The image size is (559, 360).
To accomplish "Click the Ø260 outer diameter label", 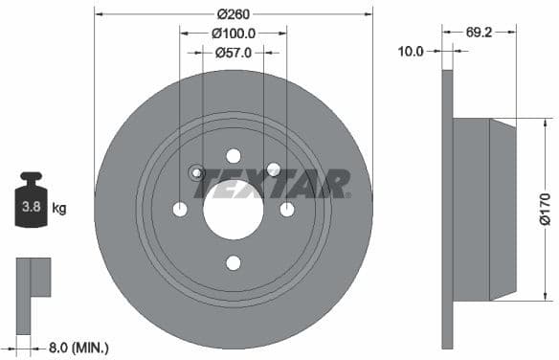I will click(x=234, y=13).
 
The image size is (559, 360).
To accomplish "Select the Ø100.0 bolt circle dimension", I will click(x=234, y=33).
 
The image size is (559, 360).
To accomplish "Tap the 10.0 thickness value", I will click(x=411, y=52).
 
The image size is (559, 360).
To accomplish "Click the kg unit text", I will click(x=58, y=208).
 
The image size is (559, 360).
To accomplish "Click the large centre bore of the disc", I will click(x=234, y=210).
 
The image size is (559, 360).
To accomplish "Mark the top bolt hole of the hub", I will click(x=234, y=156).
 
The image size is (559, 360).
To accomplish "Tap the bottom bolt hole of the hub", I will click(x=234, y=263).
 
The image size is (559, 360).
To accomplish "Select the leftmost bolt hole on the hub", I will click(x=180, y=210).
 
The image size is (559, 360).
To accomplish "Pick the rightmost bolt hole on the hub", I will click(x=287, y=210).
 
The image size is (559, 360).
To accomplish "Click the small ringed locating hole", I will click(x=196, y=172).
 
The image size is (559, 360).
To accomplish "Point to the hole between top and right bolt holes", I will click(x=273, y=169).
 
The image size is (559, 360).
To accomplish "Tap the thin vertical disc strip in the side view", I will click(x=446, y=208).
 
